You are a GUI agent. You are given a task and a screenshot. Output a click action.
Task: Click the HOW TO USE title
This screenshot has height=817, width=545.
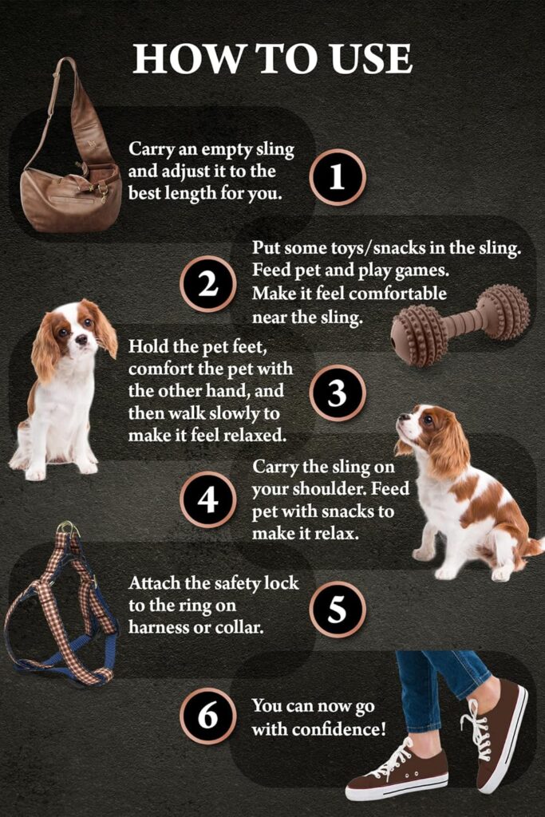click(272, 59)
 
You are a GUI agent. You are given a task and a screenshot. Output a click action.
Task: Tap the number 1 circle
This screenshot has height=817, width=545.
click(337, 177)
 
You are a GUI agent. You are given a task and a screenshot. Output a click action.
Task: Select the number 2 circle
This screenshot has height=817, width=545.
click(207, 283)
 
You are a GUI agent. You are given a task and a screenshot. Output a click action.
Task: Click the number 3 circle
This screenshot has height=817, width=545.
click(337, 393)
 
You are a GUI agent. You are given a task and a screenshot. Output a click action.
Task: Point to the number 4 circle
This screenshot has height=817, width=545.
click(207, 499)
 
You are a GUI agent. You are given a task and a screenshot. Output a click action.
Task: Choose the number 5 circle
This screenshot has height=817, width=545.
click(337, 610)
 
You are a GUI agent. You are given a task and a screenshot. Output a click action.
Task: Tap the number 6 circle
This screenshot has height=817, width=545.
click(207, 716)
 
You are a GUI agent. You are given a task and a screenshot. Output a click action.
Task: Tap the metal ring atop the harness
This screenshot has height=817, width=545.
click(68, 528)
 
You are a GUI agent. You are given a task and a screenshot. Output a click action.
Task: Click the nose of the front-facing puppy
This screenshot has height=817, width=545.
click(81, 340)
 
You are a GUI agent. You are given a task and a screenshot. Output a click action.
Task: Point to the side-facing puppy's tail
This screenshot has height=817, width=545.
click(532, 547)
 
